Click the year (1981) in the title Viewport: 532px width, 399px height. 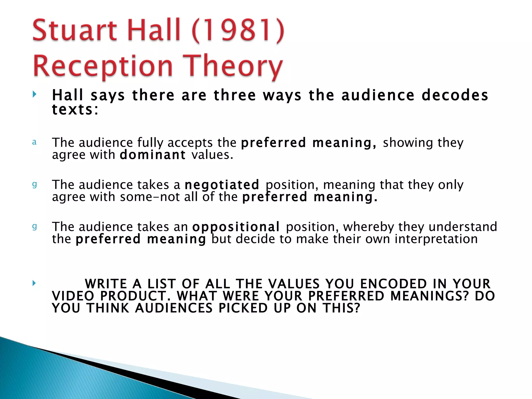point(238,31)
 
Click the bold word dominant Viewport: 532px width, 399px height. point(152,155)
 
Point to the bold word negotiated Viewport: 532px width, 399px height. point(222,185)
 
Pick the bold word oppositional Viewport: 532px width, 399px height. point(236,227)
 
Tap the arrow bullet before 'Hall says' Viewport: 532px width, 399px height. point(34,94)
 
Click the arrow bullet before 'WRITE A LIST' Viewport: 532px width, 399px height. point(34,283)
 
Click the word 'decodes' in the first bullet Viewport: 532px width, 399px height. point(455,95)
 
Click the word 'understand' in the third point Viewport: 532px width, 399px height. point(463,227)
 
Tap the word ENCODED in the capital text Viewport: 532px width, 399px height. point(394,284)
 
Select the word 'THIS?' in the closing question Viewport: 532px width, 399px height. point(342,308)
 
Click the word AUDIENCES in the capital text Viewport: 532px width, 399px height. point(174,308)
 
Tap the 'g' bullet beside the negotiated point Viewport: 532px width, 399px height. point(34,185)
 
